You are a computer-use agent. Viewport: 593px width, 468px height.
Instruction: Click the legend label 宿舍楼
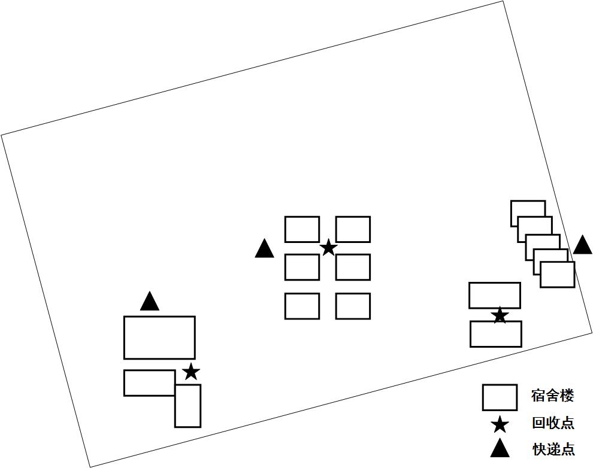[x=552, y=396]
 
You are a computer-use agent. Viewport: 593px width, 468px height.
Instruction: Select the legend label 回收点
[x=553, y=423]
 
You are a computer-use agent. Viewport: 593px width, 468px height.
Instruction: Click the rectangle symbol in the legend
[x=500, y=397]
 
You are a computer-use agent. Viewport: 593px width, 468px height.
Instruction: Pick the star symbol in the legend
[x=500, y=425]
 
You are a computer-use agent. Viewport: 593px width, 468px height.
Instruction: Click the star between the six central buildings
[x=328, y=248]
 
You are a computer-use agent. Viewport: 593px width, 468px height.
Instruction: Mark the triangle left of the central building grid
[x=264, y=250]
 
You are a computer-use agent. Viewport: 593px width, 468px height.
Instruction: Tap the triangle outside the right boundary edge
[x=582, y=246]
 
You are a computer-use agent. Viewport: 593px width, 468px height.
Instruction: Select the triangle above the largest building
[x=150, y=302]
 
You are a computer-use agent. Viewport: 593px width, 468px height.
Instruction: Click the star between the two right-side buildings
[x=500, y=316]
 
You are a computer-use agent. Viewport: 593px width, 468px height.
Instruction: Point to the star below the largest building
[x=190, y=372]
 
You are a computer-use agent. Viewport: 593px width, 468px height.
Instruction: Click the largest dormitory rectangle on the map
[x=159, y=338]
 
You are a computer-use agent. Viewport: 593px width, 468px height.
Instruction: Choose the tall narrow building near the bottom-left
[x=187, y=406]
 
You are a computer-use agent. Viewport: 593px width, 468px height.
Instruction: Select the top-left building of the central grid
[x=302, y=229]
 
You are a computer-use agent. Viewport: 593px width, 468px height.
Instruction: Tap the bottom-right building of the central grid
[x=353, y=306]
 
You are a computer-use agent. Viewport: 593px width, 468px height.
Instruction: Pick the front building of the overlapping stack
[x=557, y=275]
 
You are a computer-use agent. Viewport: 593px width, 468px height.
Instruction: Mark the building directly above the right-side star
[x=494, y=295]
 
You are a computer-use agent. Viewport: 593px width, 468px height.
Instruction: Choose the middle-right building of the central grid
[x=353, y=267]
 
